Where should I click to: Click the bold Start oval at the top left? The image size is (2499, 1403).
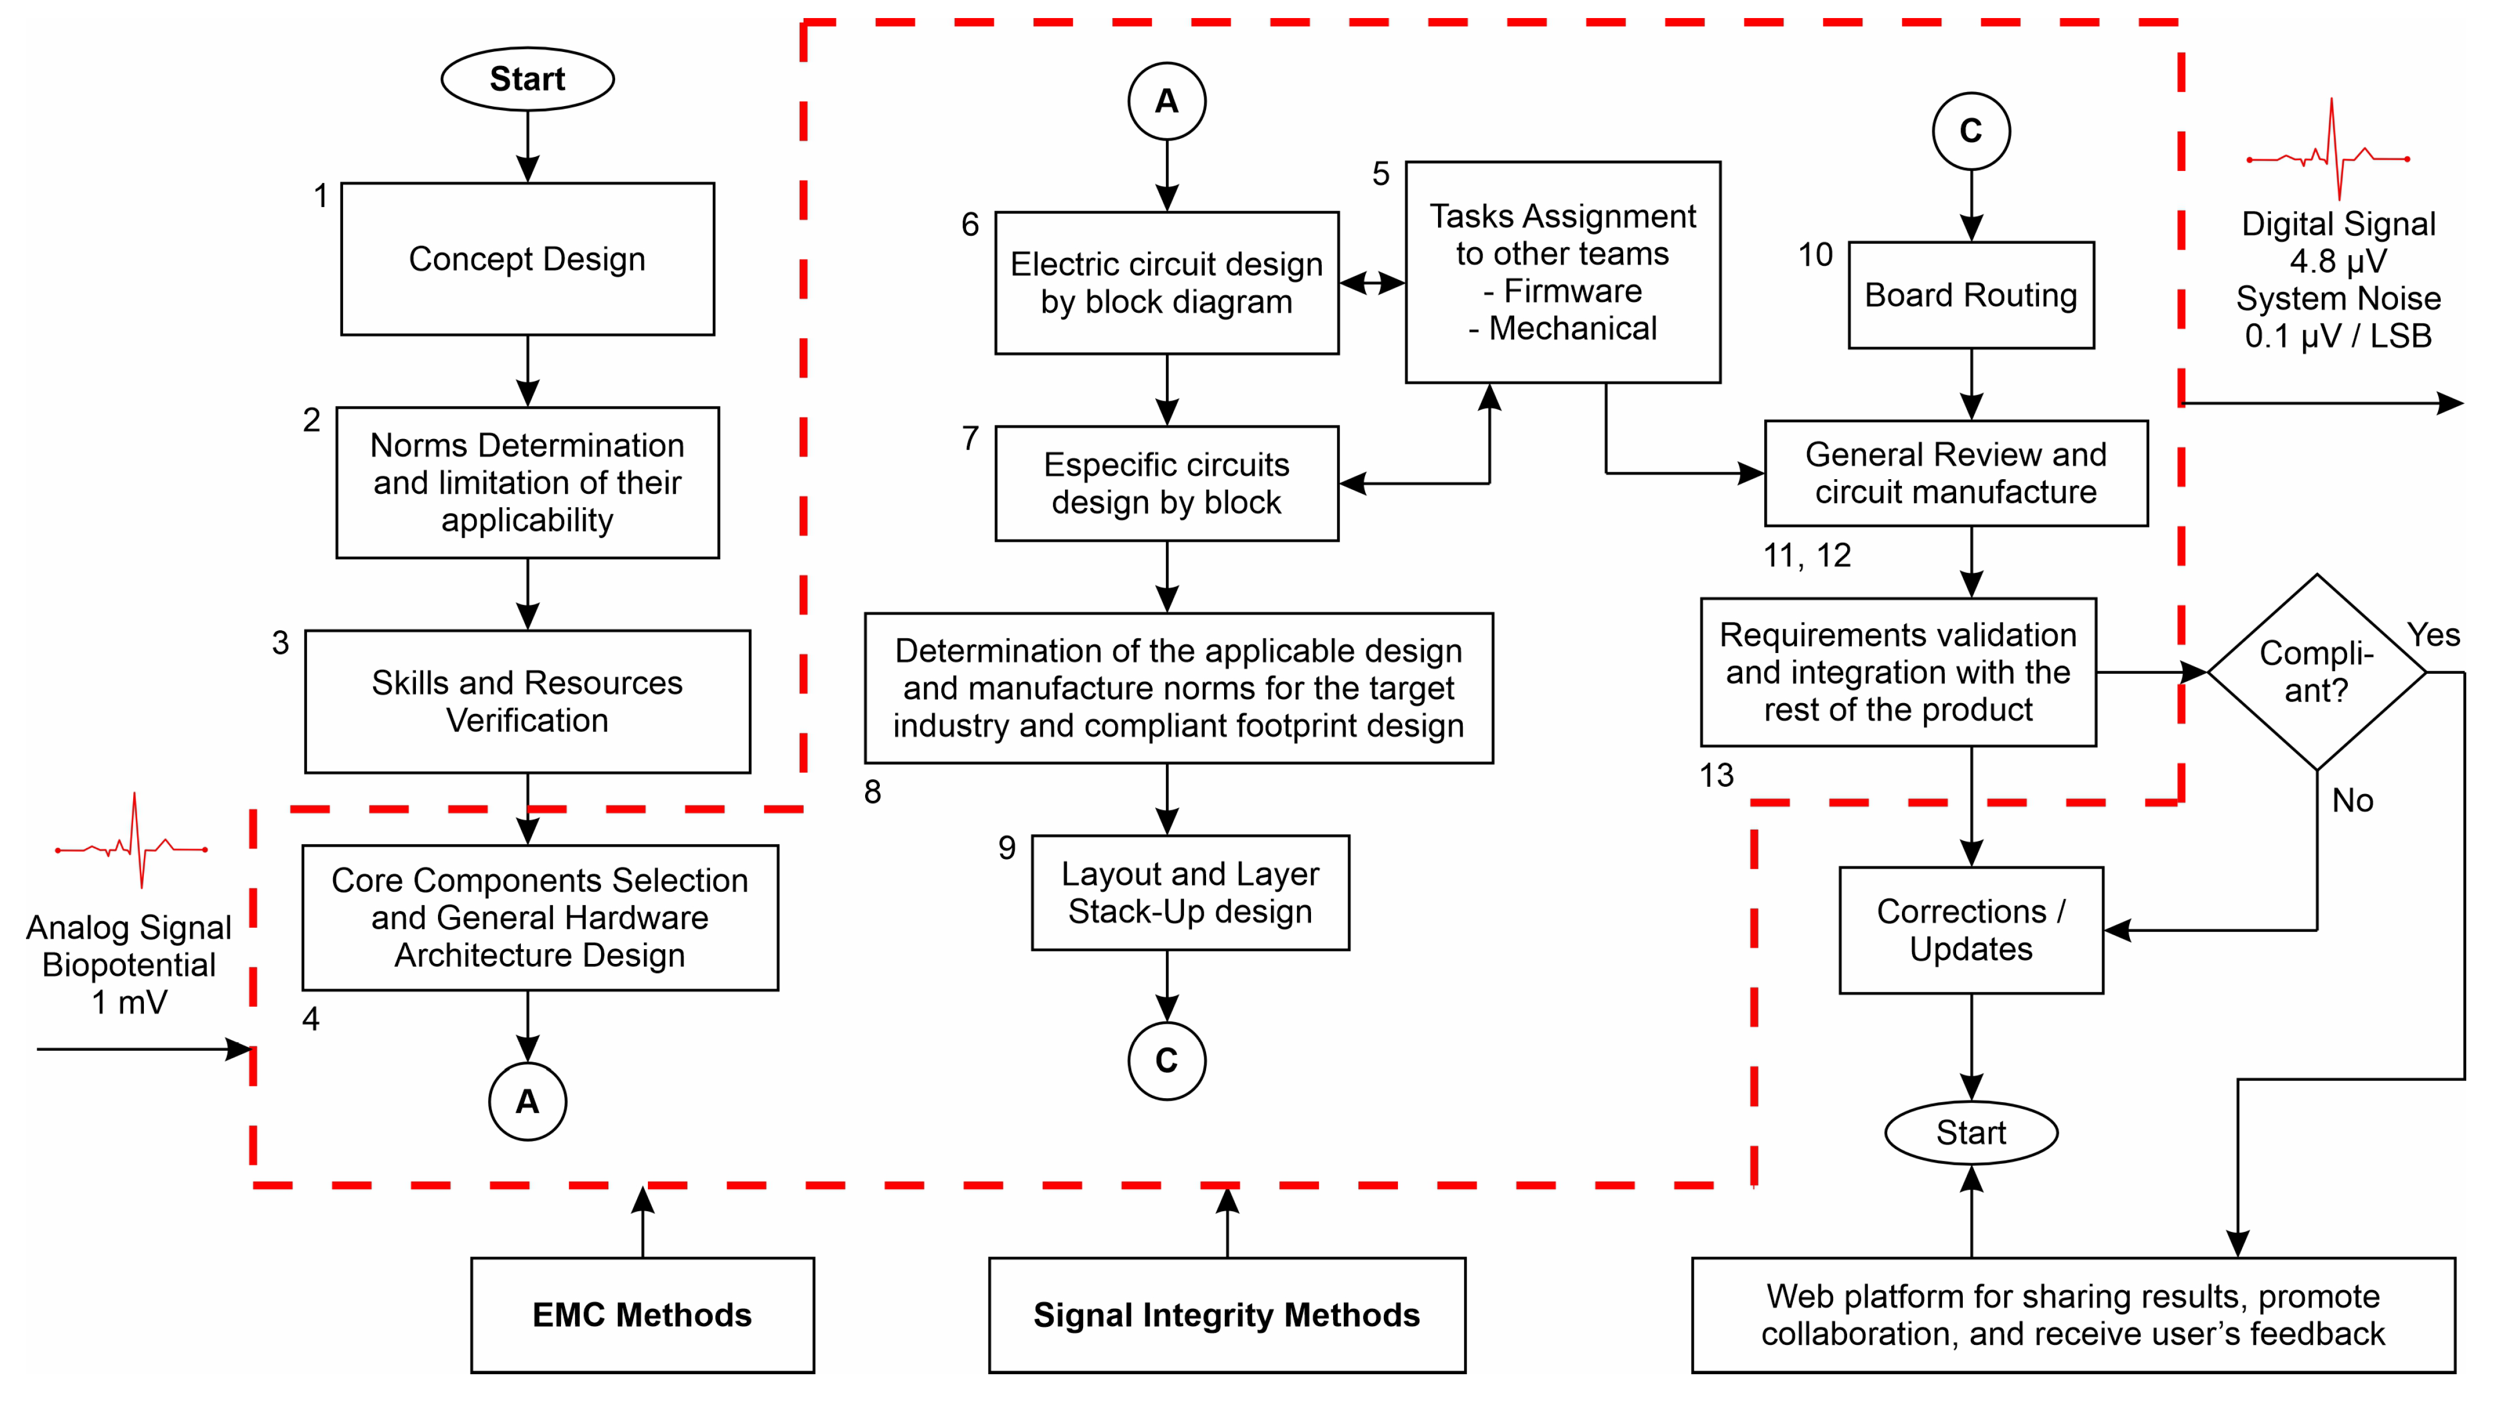527,78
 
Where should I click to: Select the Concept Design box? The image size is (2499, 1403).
527,259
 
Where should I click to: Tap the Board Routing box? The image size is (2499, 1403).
1970,295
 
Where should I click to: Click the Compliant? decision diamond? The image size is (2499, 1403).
2317,672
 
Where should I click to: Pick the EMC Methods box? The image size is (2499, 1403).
642,1315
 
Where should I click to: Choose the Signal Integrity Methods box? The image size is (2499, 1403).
1226,1315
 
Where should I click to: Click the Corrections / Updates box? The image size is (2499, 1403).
1970,930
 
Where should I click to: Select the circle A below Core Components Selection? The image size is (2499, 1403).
527,1101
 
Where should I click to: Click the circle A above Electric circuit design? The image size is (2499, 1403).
1166,101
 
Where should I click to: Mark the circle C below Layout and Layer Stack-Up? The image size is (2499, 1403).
1166,1060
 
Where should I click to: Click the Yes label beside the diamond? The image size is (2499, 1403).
2433,634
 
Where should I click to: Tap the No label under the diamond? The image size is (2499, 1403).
2352,800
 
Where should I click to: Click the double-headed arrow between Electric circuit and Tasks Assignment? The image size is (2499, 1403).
1372,283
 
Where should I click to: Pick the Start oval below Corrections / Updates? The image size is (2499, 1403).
1970,1132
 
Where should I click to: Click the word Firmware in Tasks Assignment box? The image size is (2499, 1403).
1572,291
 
